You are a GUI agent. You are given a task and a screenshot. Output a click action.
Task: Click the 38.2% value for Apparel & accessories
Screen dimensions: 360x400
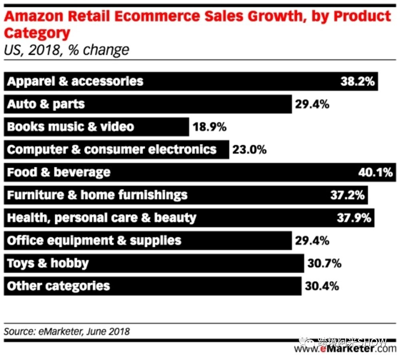(357, 82)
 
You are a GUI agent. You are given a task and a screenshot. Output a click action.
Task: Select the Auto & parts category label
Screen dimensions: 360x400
(46, 104)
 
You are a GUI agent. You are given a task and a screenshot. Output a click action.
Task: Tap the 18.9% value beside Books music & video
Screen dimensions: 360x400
(209, 127)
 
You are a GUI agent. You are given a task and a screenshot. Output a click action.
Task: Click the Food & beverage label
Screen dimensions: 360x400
(59, 172)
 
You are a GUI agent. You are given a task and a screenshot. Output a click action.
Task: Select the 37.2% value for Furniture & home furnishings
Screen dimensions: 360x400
(347, 195)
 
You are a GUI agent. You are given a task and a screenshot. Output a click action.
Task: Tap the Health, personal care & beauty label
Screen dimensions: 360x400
(102, 218)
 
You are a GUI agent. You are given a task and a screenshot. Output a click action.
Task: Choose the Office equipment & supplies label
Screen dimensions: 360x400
(94, 241)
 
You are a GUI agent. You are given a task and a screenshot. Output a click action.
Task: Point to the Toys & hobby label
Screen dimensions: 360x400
(48, 264)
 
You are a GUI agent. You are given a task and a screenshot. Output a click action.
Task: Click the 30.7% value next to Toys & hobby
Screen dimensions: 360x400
(324, 264)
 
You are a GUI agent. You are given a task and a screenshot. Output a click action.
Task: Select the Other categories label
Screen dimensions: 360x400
(58, 286)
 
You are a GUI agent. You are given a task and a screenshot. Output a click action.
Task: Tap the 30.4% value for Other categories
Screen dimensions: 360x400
(322, 286)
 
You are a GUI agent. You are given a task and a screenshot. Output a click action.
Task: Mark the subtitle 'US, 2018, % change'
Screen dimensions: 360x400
(66, 50)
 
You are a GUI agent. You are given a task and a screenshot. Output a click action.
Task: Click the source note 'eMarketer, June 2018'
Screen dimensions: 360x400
(67, 332)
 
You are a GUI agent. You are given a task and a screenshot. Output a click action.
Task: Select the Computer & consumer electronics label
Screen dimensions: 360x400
(112, 150)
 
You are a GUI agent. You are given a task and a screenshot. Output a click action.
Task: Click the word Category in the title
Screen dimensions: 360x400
(37, 33)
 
